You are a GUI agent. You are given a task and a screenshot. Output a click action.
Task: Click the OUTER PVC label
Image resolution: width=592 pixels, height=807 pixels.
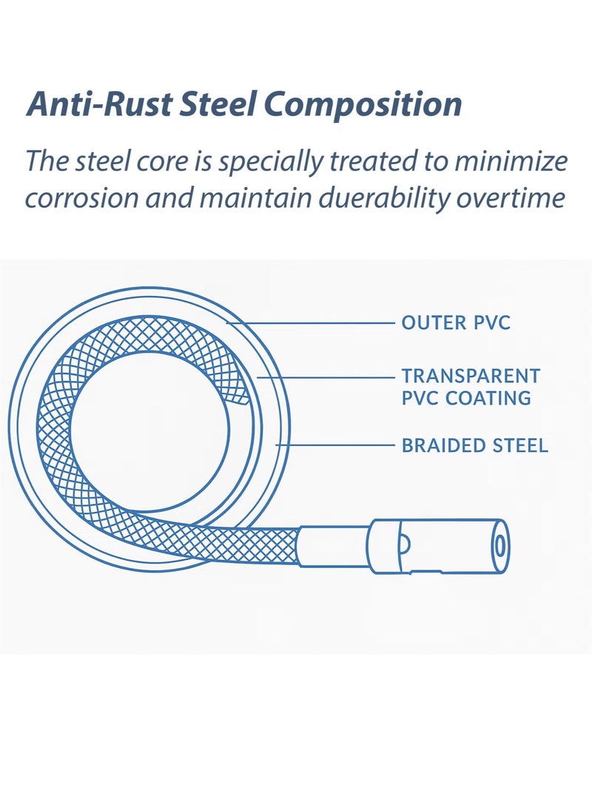(456, 323)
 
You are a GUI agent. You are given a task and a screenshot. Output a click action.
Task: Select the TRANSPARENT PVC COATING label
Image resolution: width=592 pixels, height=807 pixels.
(471, 387)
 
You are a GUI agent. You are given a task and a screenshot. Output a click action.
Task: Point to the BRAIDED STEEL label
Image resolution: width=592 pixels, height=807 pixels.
(474, 445)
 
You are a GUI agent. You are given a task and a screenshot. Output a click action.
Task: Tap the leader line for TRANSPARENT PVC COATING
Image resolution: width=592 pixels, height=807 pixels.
(326, 377)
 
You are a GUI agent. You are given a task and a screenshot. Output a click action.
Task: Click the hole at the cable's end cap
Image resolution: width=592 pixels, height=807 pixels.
(499, 547)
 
